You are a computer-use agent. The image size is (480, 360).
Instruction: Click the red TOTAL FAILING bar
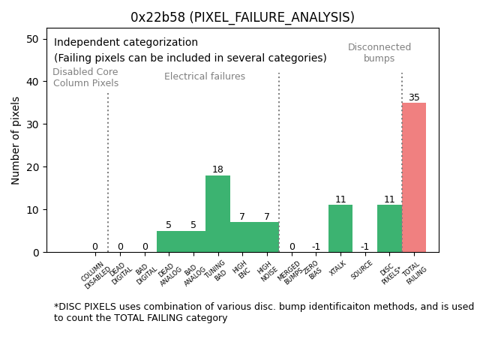(414, 177)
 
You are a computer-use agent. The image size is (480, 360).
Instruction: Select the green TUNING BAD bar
(217, 214)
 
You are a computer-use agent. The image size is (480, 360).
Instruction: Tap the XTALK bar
(340, 228)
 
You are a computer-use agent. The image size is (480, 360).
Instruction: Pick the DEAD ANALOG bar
(169, 241)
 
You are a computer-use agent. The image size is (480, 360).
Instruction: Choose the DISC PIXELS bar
(389, 228)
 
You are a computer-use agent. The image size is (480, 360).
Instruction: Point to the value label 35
(414, 97)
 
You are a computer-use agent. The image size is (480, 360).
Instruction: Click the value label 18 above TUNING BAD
(217, 169)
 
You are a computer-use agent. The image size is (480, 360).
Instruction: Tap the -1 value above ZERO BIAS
(316, 247)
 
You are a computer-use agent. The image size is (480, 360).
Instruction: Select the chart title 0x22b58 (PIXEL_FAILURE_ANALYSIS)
(242, 17)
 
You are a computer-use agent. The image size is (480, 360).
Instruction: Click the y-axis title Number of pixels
(16, 140)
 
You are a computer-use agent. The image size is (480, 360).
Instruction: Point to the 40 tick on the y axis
(34, 81)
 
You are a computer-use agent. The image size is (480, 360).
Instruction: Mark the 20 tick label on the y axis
(34, 166)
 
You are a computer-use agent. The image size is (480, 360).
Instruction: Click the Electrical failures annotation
(205, 76)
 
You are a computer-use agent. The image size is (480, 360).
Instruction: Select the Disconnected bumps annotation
(379, 52)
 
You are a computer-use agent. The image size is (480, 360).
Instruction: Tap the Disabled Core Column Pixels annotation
(85, 77)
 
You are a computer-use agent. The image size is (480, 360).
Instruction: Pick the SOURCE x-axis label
(362, 271)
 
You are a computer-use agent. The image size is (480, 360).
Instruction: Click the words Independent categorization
(126, 43)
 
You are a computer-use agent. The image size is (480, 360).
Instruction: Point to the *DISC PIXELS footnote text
(263, 312)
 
